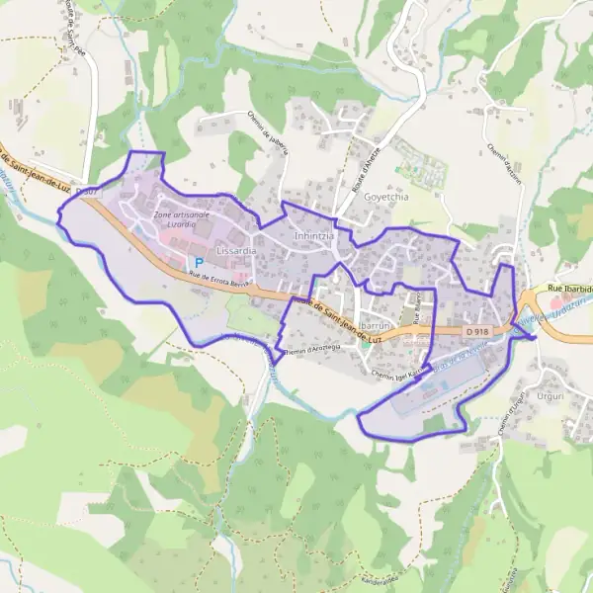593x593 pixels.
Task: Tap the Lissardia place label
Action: coord(236,251)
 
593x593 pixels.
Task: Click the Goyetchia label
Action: coord(386,197)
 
